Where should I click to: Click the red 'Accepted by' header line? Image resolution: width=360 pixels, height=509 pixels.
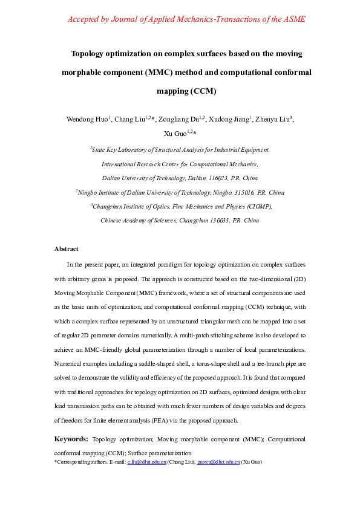pos(186,19)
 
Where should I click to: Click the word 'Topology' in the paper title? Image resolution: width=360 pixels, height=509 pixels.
pos(91,53)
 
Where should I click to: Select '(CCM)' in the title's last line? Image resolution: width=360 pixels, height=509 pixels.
pos(203,92)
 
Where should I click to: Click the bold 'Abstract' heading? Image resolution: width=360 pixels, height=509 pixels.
pos(66,248)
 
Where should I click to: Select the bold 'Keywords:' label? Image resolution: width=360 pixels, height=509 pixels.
pos(71,439)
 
